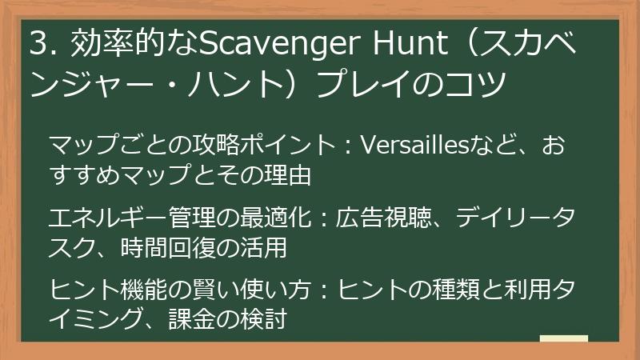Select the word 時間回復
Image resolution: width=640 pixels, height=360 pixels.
pos(170,249)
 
